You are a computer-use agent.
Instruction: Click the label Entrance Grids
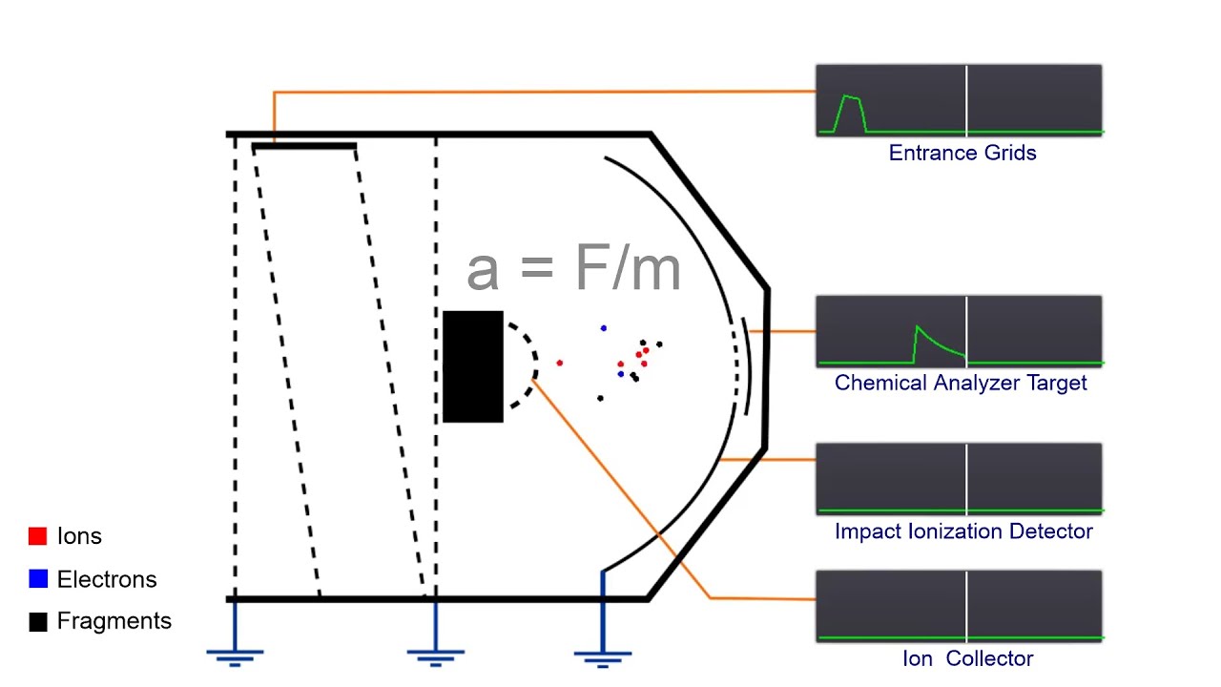[x=962, y=153]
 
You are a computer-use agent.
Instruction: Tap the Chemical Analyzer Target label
[x=960, y=383]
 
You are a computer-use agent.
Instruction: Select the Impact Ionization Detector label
[x=962, y=531]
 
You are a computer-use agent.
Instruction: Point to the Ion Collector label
[x=967, y=658]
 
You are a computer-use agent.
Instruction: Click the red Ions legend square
[x=38, y=536]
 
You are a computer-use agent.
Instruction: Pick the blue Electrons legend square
[x=38, y=579]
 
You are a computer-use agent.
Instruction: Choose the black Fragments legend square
[x=38, y=622]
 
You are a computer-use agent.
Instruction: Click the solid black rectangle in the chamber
[x=473, y=366]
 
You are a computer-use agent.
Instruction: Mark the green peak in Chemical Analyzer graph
[x=918, y=329]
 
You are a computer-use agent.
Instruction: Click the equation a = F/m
[x=573, y=269]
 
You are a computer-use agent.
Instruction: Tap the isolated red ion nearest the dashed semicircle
[x=559, y=363]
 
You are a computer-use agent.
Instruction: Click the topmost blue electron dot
[x=603, y=328]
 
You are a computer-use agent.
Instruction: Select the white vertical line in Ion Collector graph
[x=966, y=606]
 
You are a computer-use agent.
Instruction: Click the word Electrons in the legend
[x=106, y=579]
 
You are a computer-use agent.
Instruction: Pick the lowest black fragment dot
[x=600, y=398]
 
